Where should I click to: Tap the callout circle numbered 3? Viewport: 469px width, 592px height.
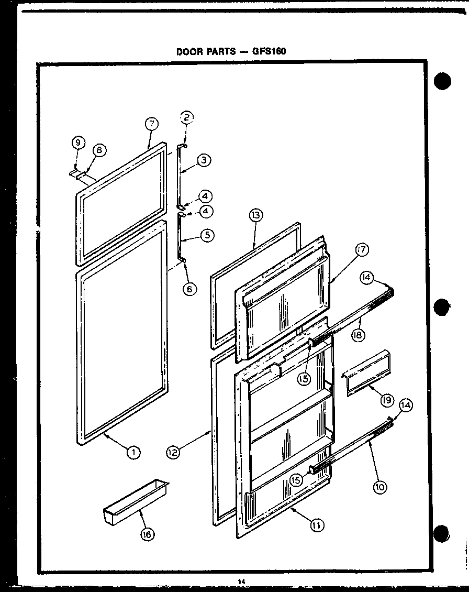205,161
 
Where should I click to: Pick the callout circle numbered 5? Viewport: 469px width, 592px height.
208,235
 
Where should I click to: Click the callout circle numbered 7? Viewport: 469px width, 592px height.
150,125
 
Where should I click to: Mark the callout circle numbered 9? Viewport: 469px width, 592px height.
77,142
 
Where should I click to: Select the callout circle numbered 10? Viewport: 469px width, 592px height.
380,487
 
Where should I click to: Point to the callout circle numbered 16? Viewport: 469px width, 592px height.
149,534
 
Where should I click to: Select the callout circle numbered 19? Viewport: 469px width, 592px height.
387,400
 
